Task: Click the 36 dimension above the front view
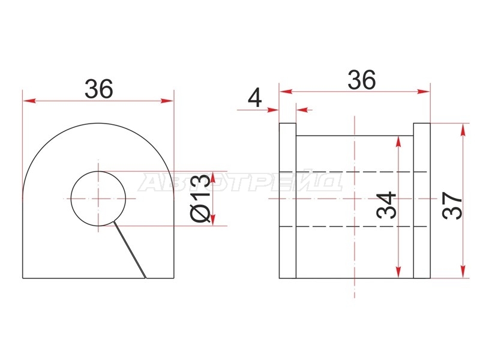pyautogui.click(x=99, y=89)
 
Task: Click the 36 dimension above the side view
pyautogui.click(x=362, y=80)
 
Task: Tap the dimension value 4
pyautogui.click(x=254, y=98)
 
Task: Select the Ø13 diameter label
pyautogui.click(x=200, y=198)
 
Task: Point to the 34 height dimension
pyautogui.click(x=386, y=205)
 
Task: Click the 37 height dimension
pyautogui.click(x=452, y=205)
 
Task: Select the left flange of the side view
pyautogui.click(x=287, y=200)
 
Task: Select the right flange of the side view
pyautogui.click(x=422, y=200)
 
